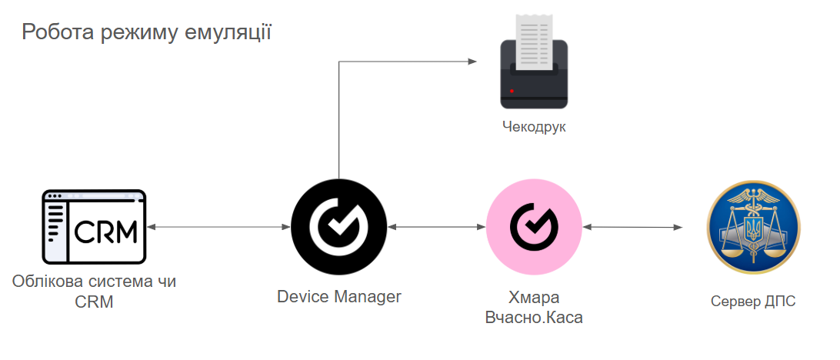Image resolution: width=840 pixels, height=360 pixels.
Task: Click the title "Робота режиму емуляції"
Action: (146, 32)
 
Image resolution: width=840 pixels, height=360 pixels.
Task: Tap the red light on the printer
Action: (511, 92)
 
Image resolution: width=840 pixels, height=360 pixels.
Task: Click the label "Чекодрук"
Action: (534, 127)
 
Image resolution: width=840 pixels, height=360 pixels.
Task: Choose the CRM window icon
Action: (93, 228)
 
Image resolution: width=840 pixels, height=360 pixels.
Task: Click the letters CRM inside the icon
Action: (105, 230)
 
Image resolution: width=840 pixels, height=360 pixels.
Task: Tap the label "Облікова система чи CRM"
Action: (94, 292)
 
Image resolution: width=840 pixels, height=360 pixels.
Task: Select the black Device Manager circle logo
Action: (338, 228)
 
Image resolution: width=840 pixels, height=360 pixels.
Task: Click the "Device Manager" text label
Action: (339, 296)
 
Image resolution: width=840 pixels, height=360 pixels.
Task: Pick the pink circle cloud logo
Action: (534, 228)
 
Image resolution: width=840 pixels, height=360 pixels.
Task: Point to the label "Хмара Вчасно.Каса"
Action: (534, 307)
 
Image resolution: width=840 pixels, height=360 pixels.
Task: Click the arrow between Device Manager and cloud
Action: (436, 228)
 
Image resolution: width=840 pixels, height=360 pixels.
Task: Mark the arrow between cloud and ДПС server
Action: (633, 228)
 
